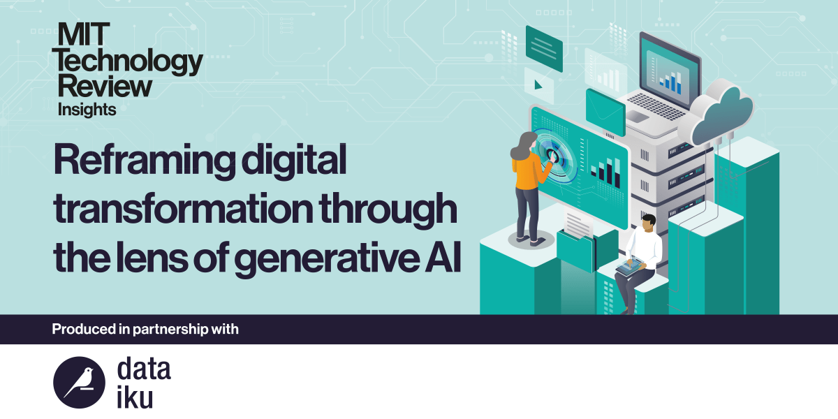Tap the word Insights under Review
(87, 109)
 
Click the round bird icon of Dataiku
(79, 381)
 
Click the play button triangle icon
(538, 85)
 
